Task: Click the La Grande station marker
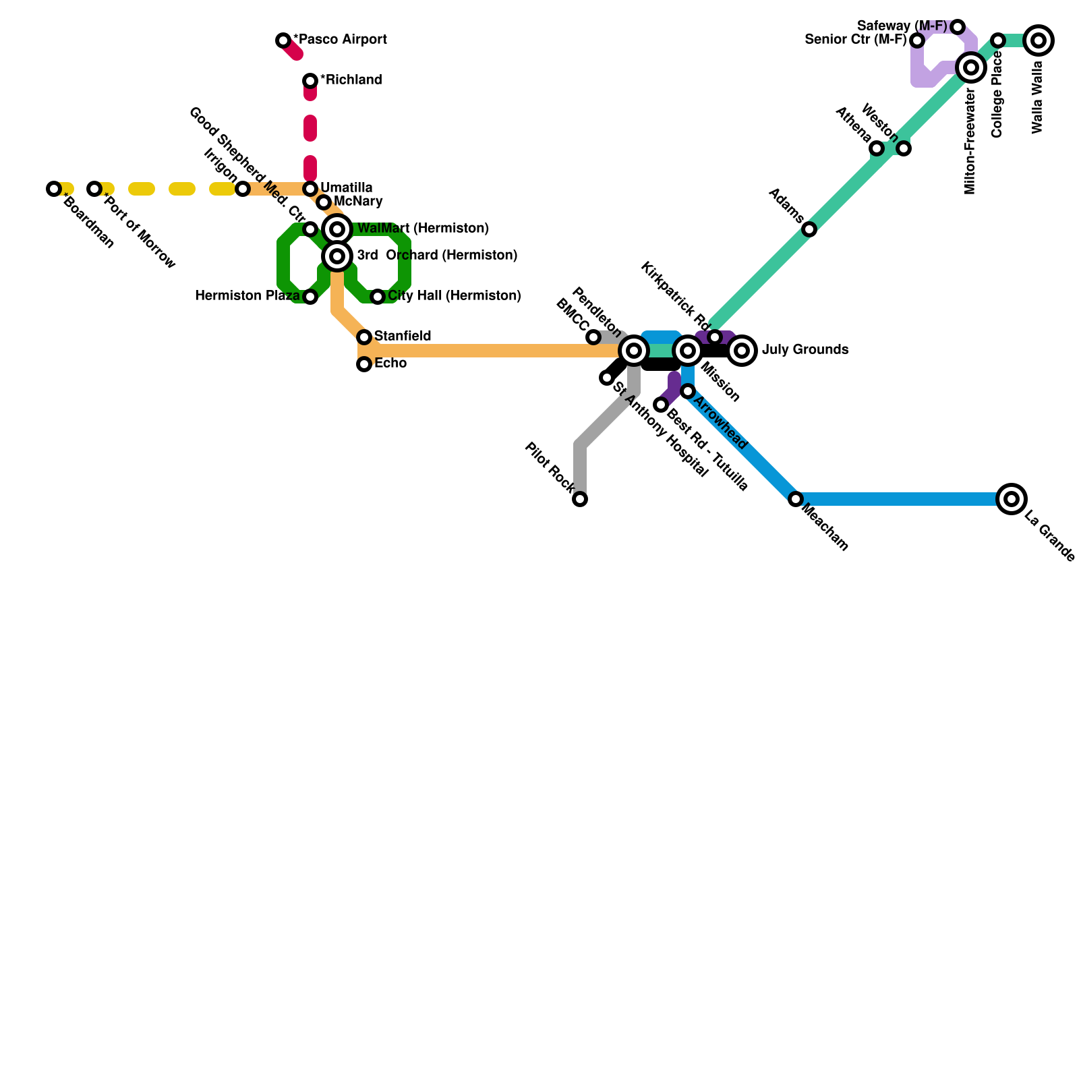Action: (1011, 499)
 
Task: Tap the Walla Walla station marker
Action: (1039, 40)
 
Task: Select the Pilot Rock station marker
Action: (580, 499)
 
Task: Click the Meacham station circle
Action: (796, 499)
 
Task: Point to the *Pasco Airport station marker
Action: (283, 40)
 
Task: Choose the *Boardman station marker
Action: (54, 189)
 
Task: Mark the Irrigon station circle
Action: (243, 189)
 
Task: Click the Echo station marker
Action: (364, 364)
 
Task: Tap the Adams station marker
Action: (809, 229)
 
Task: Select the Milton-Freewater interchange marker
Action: (971, 67)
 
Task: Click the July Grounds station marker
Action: (742, 351)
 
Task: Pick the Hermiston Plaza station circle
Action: (310, 297)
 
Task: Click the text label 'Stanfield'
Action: (403, 336)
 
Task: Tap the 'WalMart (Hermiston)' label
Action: (423, 229)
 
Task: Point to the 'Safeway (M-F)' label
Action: (902, 26)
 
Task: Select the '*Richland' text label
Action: (351, 80)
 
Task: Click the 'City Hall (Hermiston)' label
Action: (454, 296)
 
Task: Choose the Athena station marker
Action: (877, 148)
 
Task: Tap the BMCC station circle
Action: (593, 337)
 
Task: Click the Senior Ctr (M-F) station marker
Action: (917, 40)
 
